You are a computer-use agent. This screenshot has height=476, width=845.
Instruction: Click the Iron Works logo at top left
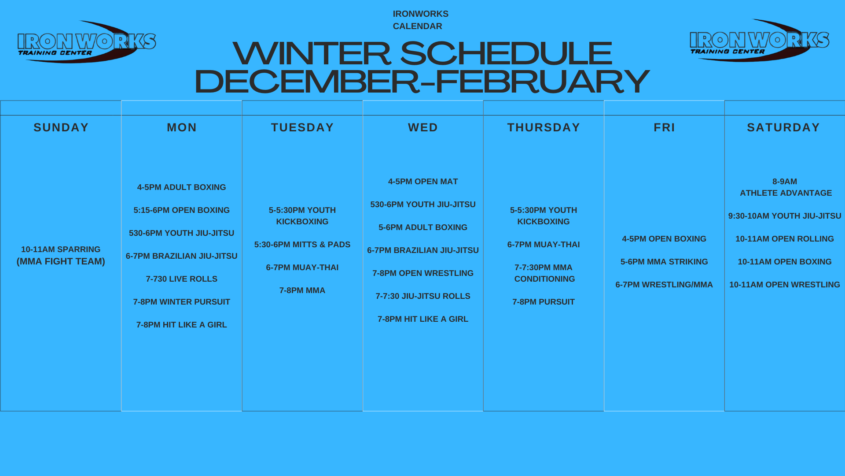[x=87, y=42]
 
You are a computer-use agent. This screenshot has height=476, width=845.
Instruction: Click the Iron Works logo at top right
[x=759, y=41]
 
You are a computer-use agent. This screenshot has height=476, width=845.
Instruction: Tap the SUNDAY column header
[x=61, y=127]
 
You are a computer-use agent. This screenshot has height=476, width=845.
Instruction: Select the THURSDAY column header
[x=544, y=127]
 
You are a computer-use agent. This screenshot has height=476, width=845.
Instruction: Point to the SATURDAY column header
[x=783, y=127]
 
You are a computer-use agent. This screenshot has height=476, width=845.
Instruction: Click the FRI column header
[x=664, y=127]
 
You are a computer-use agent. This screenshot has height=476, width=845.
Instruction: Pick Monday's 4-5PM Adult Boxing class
[x=181, y=187]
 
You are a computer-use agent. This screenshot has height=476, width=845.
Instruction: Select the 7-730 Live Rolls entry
[x=181, y=279]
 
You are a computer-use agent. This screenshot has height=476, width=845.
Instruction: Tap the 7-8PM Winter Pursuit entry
[x=181, y=302]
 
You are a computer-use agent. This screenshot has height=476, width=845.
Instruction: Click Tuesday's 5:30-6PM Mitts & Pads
[x=302, y=245]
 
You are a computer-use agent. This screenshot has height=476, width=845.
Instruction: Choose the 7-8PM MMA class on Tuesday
[x=302, y=290]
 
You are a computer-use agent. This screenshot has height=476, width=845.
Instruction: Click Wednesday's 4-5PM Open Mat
[x=423, y=182]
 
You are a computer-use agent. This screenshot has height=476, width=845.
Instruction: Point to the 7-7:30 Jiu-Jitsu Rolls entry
[x=423, y=296]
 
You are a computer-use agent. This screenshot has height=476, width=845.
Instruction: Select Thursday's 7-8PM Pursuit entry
[x=544, y=302]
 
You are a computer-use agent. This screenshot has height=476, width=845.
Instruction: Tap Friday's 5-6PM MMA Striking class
[x=664, y=262]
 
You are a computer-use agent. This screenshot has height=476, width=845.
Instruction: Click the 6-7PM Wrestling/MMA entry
[x=664, y=285]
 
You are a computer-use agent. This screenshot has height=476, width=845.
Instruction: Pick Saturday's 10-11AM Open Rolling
[x=785, y=239]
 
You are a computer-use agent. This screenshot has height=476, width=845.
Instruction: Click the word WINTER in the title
[x=312, y=53]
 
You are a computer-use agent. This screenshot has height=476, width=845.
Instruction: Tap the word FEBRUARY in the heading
[x=542, y=82]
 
